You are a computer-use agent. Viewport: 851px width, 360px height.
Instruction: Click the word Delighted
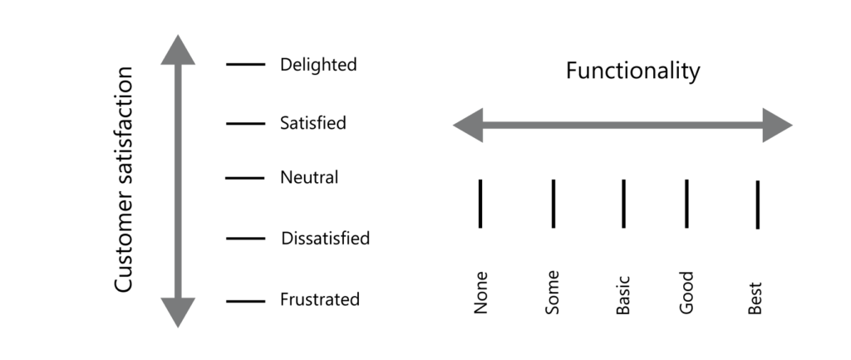click(318, 64)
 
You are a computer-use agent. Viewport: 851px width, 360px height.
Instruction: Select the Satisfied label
click(313, 123)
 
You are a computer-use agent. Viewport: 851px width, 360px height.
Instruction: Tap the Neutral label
click(309, 177)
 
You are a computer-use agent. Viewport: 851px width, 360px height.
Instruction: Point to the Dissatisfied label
click(325, 239)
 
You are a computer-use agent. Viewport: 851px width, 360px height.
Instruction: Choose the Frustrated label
click(320, 299)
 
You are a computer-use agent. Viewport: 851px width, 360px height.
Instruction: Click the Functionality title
click(632, 72)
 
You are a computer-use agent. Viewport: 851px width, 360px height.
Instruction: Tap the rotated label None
click(480, 293)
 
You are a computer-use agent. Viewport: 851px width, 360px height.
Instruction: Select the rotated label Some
click(553, 292)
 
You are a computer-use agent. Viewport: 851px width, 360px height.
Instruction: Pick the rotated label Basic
click(623, 294)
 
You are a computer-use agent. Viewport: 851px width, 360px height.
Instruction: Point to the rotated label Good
click(686, 293)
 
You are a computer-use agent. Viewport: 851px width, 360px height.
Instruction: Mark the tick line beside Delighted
click(246, 63)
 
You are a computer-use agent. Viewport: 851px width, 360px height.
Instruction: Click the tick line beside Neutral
click(244, 178)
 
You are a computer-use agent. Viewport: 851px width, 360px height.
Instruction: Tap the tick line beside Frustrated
click(246, 300)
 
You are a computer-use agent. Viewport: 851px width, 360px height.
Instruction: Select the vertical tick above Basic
click(623, 203)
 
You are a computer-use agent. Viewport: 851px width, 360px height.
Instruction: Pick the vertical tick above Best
click(757, 204)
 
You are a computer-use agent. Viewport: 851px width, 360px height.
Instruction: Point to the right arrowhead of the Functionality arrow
click(777, 126)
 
